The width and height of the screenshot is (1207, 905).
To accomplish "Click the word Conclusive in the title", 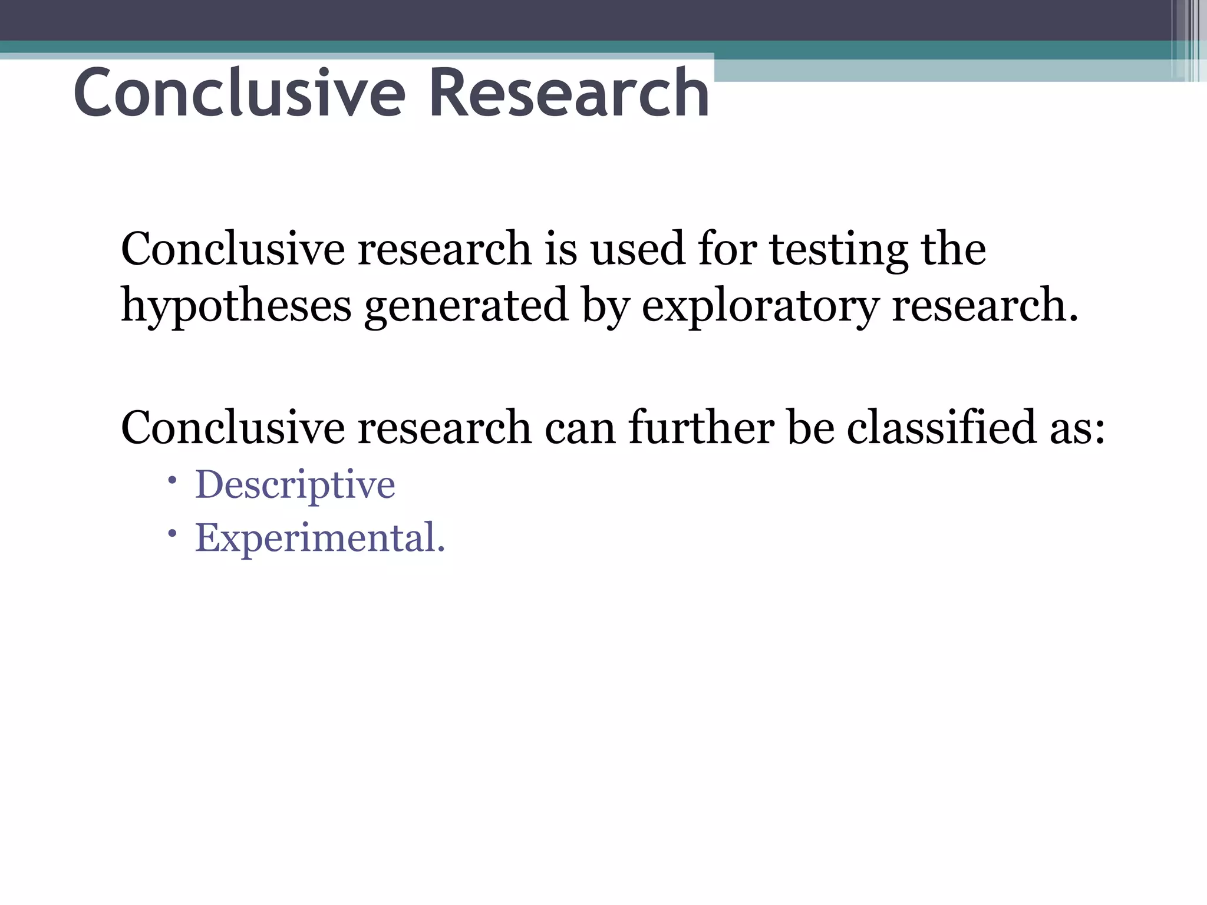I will (x=239, y=93).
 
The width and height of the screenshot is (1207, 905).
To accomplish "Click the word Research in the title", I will (x=569, y=93).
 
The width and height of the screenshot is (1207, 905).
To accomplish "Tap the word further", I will (x=701, y=427).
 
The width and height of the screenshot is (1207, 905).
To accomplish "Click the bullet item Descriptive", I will (x=295, y=485).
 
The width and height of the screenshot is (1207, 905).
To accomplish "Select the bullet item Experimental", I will (x=319, y=538).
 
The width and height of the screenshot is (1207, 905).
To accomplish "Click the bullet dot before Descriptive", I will (x=172, y=481).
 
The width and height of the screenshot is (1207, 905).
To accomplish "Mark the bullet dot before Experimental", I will (x=172, y=534).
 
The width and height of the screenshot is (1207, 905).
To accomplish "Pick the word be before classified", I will (x=811, y=427).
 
